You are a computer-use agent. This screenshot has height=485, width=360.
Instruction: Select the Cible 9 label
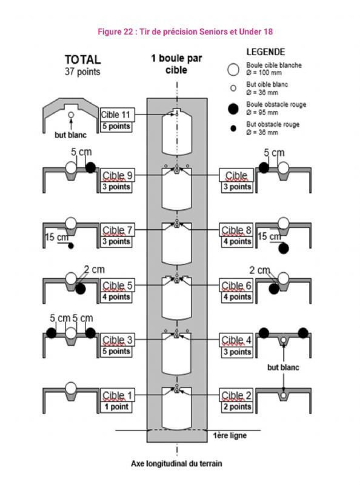coord(118,175)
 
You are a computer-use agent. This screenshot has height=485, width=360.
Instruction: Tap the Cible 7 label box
coord(118,230)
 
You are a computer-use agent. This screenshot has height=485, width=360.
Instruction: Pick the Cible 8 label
coord(236,230)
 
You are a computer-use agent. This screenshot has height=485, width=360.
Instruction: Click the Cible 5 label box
coord(118,285)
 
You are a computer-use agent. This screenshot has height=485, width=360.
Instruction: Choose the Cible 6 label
coord(236,285)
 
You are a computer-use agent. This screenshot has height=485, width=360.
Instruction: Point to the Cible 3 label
coord(118,340)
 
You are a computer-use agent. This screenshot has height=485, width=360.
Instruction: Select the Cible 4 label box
coord(236,340)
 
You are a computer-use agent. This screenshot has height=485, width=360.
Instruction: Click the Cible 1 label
coord(118,395)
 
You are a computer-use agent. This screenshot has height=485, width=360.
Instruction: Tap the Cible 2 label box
coord(236,395)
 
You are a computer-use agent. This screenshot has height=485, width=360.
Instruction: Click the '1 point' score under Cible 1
coord(116,407)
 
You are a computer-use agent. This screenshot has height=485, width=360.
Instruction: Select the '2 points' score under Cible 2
coord(237,407)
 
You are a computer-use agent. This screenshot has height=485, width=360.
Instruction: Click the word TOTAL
coord(82,59)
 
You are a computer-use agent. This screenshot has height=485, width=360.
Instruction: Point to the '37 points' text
coord(82,72)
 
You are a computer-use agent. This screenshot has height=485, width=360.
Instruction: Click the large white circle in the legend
coord(233,70)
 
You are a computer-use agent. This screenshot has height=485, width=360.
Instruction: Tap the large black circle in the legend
coord(233,109)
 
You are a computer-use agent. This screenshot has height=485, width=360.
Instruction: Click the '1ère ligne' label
coord(230,435)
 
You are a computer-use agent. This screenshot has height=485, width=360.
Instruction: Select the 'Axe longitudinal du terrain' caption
coord(176,464)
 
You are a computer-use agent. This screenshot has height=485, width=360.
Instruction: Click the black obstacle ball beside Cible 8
coord(283,249)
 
